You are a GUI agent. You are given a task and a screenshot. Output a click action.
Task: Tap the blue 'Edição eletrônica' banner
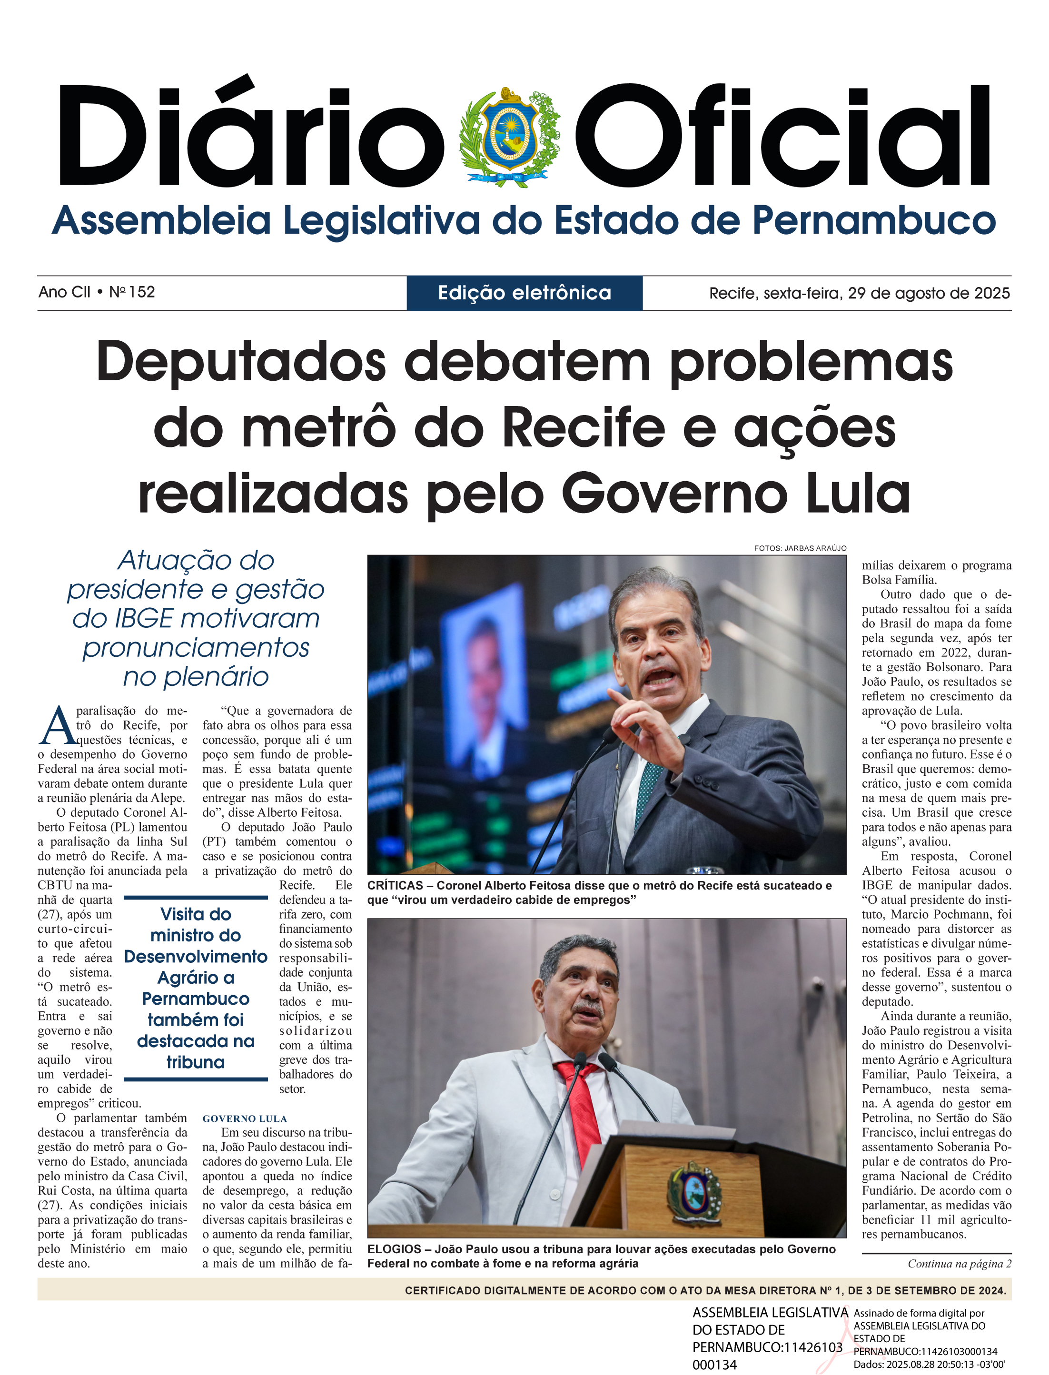(x=524, y=293)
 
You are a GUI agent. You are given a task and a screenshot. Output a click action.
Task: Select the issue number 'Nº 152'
(x=132, y=292)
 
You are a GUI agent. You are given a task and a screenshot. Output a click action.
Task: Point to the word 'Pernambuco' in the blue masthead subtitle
(x=873, y=221)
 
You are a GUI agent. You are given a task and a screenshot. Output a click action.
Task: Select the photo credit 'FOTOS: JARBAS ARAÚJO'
(x=800, y=548)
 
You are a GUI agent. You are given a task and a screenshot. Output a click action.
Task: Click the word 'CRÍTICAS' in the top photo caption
(x=395, y=885)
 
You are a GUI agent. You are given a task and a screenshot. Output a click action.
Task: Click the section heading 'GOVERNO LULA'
(x=245, y=1118)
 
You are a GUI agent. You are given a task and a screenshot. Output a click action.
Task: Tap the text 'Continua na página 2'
(x=959, y=1263)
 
